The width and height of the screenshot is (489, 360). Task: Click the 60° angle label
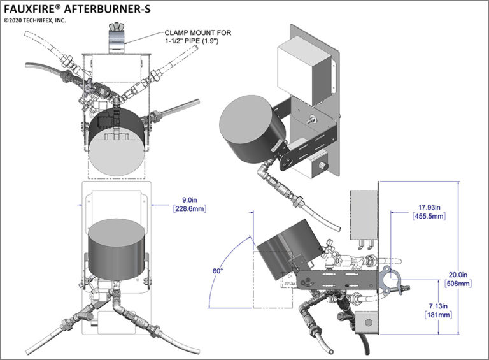pyautogui.click(x=218, y=271)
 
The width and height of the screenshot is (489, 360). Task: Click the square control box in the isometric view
pyautogui.click(x=304, y=68)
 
